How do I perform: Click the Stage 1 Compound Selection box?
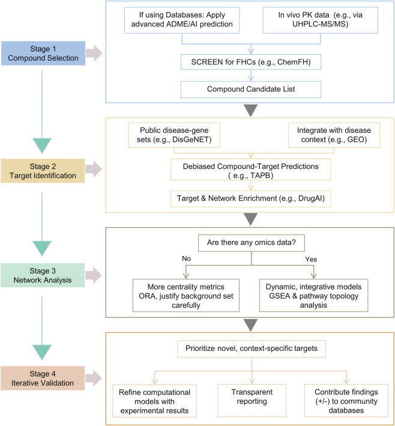[x=43, y=53]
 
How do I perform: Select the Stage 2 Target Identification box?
[x=43, y=171]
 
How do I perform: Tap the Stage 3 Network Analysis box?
[x=43, y=275]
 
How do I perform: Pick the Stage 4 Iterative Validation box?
[x=43, y=378]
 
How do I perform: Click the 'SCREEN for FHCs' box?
[x=251, y=62]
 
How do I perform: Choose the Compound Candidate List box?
[x=251, y=89]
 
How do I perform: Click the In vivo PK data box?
[x=321, y=20]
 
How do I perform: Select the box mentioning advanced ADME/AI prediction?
[x=182, y=20]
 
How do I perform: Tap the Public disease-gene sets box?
[x=174, y=135]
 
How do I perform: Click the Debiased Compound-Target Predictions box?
[x=250, y=169]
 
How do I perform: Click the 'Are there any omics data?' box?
[x=252, y=243]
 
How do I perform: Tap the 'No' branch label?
[x=187, y=258]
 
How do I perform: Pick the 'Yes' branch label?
[x=311, y=260]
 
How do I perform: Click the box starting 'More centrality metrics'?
[x=186, y=296]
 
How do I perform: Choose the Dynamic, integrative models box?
[x=313, y=296]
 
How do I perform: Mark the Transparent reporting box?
[x=252, y=400]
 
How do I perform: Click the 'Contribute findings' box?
[x=346, y=400]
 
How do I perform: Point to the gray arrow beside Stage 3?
[x=94, y=275]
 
